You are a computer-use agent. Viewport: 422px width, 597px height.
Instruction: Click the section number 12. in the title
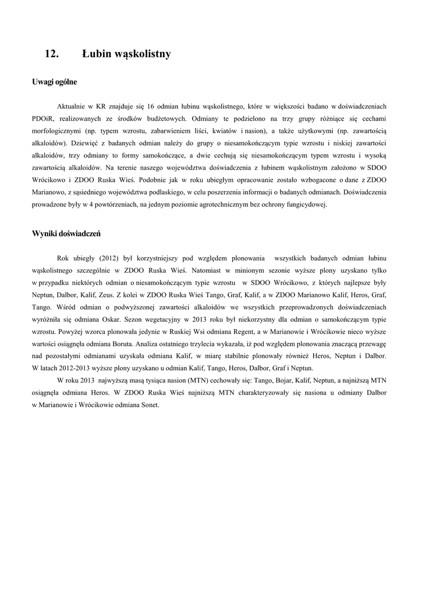point(52,54)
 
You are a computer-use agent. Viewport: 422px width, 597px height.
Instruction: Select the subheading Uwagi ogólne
point(54,82)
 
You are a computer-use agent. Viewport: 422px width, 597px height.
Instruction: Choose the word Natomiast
point(207,271)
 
